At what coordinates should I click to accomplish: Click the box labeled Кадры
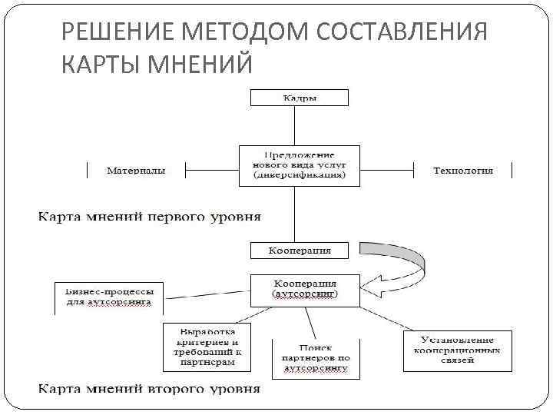tap(299, 98)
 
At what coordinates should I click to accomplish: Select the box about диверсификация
tap(299, 164)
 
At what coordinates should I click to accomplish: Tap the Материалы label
tap(135, 170)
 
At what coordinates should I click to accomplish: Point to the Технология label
tap(462, 170)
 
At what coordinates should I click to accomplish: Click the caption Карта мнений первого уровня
tap(151, 216)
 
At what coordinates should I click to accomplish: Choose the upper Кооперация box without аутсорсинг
tap(299, 251)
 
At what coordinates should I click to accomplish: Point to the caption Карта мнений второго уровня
tap(150, 388)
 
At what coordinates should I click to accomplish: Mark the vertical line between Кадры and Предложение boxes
tap(299, 124)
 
